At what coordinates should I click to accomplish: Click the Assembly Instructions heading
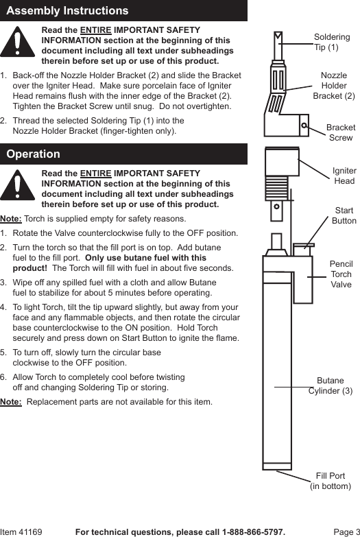tap(67, 11)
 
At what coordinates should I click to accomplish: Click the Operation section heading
tap(34, 154)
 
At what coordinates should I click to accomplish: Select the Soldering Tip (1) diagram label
tap(331, 42)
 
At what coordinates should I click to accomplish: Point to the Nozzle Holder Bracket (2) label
tap(334, 86)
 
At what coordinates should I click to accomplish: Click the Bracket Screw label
tap(340, 132)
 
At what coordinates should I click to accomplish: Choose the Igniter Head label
tap(344, 176)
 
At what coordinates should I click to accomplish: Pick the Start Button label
tap(344, 215)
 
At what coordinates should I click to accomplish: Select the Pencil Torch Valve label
tap(341, 274)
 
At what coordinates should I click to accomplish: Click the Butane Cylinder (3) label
tap(331, 385)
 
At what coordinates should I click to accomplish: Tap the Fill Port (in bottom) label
tap(331, 481)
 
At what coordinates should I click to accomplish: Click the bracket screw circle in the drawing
tap(304, 126)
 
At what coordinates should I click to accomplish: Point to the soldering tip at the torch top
tap(278, 44)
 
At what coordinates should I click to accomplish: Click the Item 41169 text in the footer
tap(21, 532)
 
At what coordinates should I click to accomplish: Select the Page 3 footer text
tap(346, 532)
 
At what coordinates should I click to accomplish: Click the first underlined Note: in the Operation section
tap(11, 219)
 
